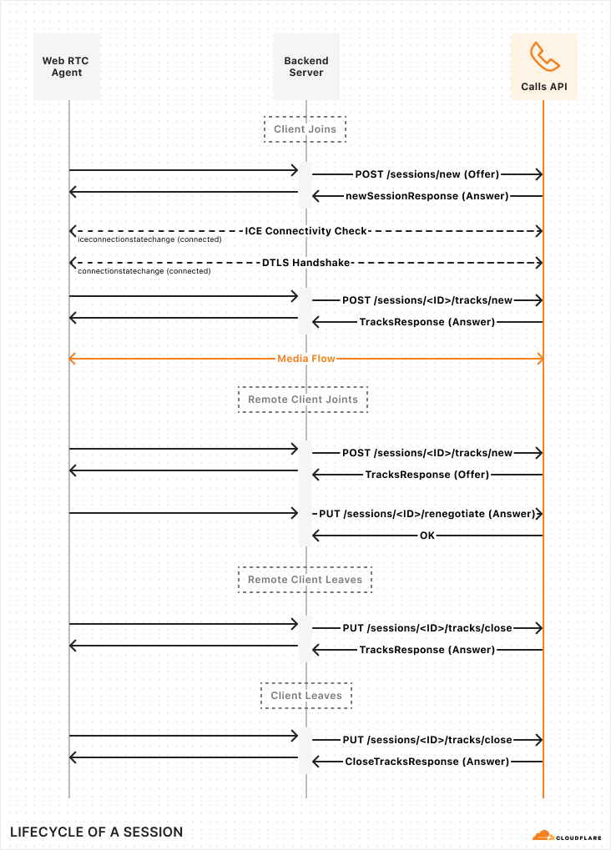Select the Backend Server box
coord(305,67)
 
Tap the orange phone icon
coord(543,57)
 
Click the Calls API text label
coord(543,86)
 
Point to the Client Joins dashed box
coord(305,129)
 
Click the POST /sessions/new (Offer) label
coord(427,174)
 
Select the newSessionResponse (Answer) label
coord(427,196)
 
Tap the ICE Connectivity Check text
coord(306,230)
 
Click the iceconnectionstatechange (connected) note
coord(149,239)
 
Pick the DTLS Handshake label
coord(306,263)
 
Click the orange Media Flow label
coord(306,359)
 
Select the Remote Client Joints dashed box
coord(303,400)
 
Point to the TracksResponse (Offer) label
coord(427,475)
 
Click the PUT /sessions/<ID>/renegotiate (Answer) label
coord(427,514)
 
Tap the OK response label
coord(427,536)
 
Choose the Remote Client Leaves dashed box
coord(305,580)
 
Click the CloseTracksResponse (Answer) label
coord(427,762)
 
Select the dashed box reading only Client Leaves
coord(305,696)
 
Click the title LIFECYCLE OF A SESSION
coord(96,832)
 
